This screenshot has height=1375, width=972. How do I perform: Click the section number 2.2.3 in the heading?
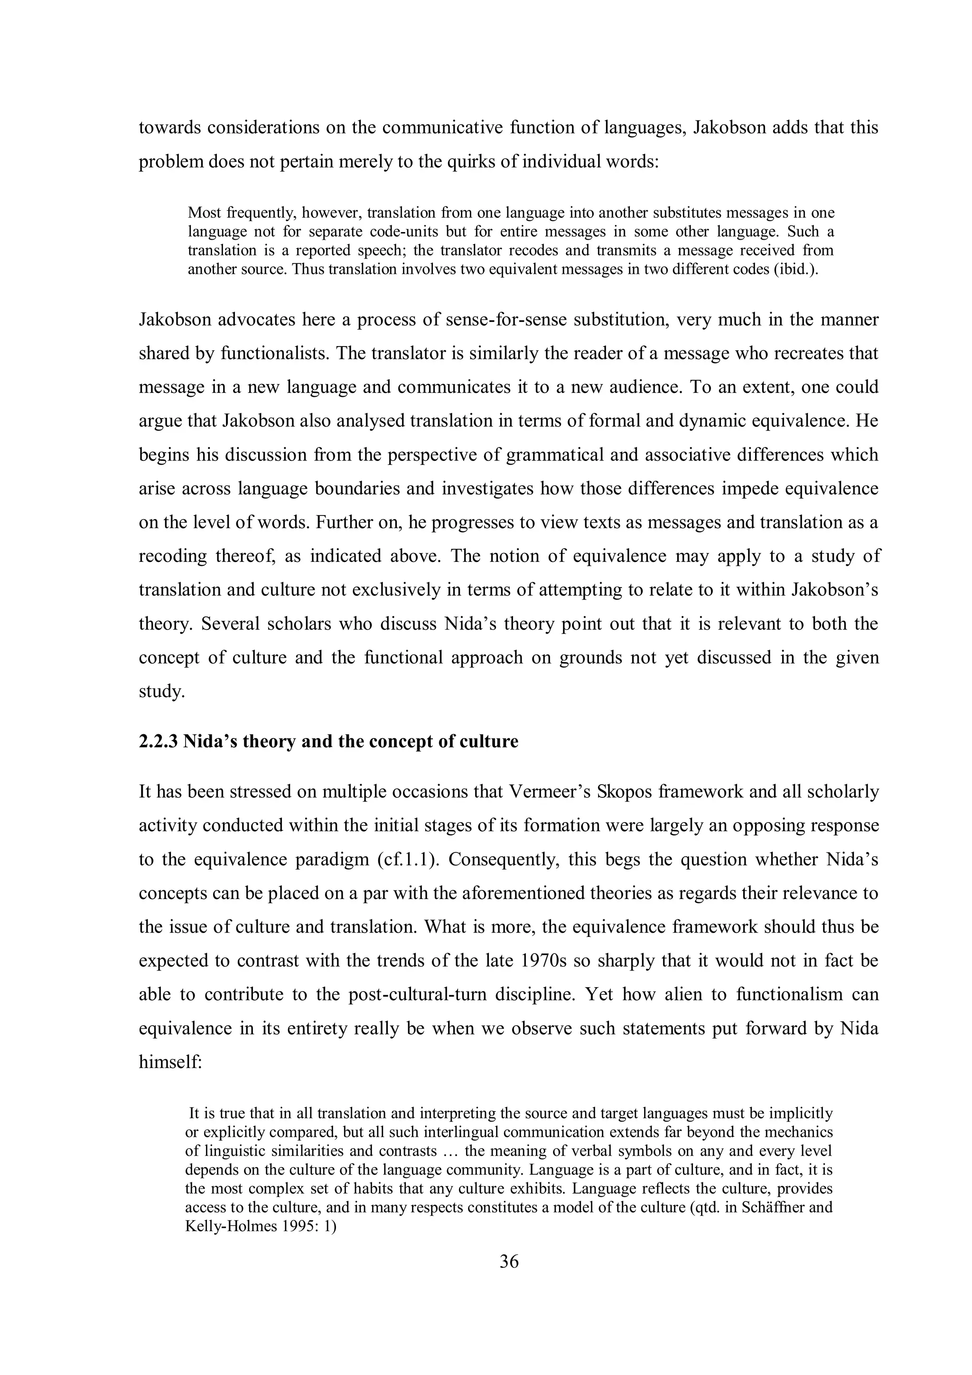158,742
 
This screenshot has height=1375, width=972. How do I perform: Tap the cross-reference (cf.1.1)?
409,860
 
